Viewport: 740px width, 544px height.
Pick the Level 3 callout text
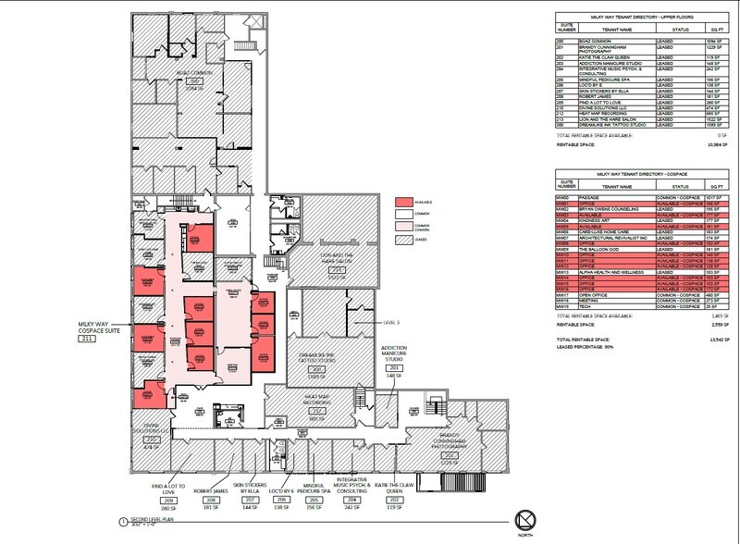tap(393, 323)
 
